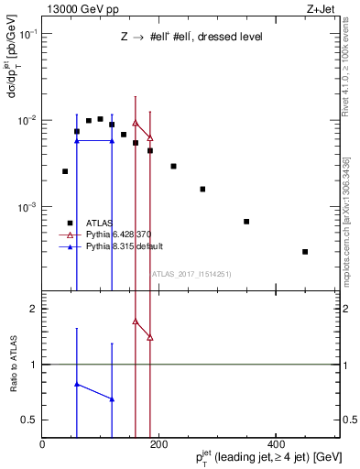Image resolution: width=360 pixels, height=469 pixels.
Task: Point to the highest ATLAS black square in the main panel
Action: (100, 119)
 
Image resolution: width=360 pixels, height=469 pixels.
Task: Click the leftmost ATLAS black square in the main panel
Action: (65, 171)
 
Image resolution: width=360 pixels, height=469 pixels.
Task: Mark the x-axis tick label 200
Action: (158, 444)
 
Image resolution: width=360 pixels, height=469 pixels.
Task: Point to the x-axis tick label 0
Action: (42, 444)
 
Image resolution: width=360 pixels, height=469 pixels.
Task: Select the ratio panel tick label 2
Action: (34, 309)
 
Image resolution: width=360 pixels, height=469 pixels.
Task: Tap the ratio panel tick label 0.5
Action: (29, 420)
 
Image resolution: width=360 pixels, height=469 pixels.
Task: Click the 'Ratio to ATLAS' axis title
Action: (12, 365)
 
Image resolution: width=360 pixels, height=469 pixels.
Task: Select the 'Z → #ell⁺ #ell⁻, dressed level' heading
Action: (192, 38)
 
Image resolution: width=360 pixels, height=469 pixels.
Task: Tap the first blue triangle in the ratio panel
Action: (77, 385)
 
